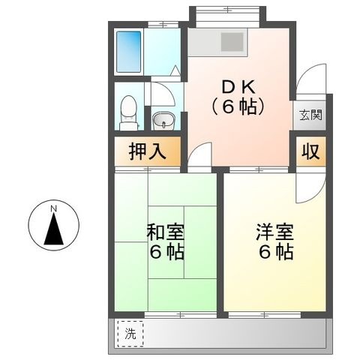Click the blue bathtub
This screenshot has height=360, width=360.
[129, 52]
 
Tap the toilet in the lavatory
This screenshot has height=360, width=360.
[129, 113]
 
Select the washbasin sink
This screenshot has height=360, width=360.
[163, 121]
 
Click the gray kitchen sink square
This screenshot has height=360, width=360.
[232, 42]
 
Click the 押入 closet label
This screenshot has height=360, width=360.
[148, 151]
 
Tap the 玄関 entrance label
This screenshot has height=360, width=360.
[310, 115]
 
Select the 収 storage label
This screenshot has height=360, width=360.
[310, 151]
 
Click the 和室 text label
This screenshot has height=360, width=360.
[165, 232]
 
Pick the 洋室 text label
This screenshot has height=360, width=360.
[274, 232]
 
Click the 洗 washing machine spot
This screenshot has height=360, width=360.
[130, 334]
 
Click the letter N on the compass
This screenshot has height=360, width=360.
[53, 208]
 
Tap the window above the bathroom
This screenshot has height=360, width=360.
[163, 25]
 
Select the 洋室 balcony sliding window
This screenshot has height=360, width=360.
[265, 315]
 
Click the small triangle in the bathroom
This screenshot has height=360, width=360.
[175, 70]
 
